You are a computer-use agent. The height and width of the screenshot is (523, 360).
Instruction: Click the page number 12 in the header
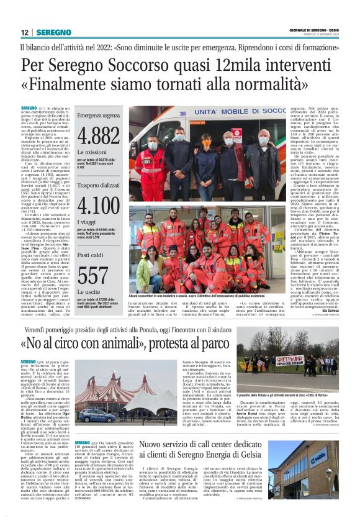(x=25, y=32)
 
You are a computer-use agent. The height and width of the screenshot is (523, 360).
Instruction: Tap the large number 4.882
(x=99, y=135)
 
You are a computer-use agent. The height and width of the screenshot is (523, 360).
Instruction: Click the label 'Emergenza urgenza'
(x=98, y=116)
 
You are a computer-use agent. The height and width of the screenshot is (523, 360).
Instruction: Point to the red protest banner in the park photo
(x=290, y=360)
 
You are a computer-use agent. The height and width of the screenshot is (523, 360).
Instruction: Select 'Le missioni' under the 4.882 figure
(x=92, y=152)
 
